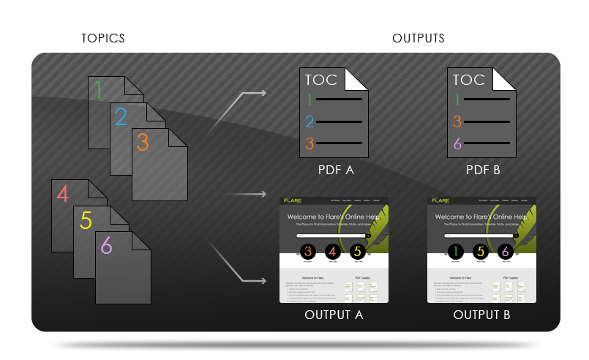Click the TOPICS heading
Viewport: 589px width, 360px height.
click(102, 38)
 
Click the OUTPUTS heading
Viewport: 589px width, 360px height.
click(418, 38)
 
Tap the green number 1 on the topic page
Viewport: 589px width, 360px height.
click(99, 90)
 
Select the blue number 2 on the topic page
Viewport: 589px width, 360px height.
click(121, 116)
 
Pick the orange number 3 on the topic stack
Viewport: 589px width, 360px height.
click(143, 142)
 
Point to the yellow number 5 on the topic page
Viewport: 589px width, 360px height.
click(86, 220)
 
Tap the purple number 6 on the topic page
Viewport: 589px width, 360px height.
click(107, 246)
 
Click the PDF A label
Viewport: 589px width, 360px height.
click(336, 170)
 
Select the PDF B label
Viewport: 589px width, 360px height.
click(483, 170)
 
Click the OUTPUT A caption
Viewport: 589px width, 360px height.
click(334, 315)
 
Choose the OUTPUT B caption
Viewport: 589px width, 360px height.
click(481, 315)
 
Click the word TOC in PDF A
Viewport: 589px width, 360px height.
click(323, 80)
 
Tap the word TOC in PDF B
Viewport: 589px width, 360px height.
click(469, 80)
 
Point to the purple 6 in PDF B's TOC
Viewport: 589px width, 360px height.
click(457, 143)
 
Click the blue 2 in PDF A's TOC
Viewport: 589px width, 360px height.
click(309, 121)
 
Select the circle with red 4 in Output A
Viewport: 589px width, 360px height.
click(331, 252)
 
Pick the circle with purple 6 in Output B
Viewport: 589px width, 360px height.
click(504, 252)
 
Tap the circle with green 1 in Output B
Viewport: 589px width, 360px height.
click(455, 252)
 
